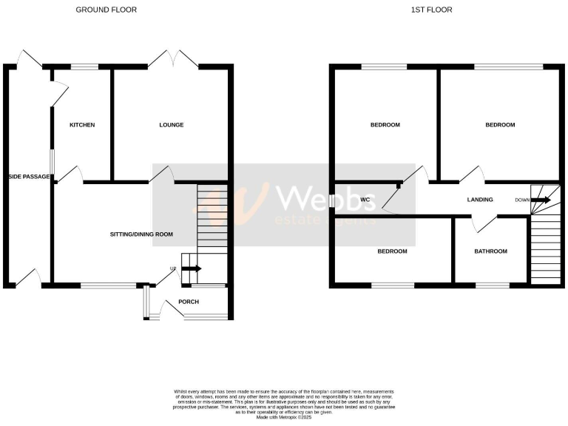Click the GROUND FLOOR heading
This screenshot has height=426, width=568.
(x=106, y=10)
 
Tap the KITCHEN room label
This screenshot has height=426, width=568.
(x=82, y=125)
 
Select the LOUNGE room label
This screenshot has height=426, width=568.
(x=171, y=125)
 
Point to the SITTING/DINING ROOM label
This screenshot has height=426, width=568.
(x=141, y=234)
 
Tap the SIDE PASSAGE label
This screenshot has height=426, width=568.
(x=30, y=177)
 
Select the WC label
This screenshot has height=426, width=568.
(x=365, y=200)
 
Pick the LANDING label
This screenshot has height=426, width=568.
(x=480, y=200)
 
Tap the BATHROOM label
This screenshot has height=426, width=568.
(x=491, y=251)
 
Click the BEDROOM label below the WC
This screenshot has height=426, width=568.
(x=392, y=251)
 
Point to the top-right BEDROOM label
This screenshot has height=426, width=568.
(x=500, y=125)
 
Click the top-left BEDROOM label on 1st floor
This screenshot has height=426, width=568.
(x=385, y=125)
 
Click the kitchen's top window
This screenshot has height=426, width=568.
(x=85, y=67)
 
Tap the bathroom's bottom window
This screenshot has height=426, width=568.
(x=487, y=285)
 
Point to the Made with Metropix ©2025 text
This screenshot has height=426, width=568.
(x=284, y=418)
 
